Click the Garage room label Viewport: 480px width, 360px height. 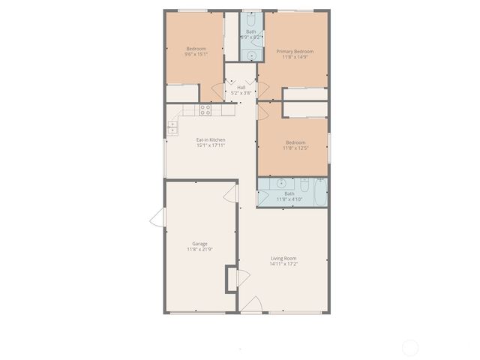coord(199,244)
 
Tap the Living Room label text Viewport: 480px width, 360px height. coord(283,259)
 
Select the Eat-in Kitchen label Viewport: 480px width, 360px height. coord(211,139)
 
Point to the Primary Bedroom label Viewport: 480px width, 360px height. coord(298,51)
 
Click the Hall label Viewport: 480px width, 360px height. coord(241,87)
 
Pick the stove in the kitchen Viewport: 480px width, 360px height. coord(205,109)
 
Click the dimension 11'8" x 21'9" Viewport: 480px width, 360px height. coord(199,250)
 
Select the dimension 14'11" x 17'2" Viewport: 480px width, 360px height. coord(283,265)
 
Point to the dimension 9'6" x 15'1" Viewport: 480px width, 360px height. coord(196,54)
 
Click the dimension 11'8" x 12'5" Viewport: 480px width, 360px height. coord(295,148)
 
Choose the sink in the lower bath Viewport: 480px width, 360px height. coord(281,183)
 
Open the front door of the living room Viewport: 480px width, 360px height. coord(253,305)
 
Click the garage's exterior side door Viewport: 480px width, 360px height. coord(157,218)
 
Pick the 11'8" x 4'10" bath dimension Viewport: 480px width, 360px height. coord(289,199)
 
